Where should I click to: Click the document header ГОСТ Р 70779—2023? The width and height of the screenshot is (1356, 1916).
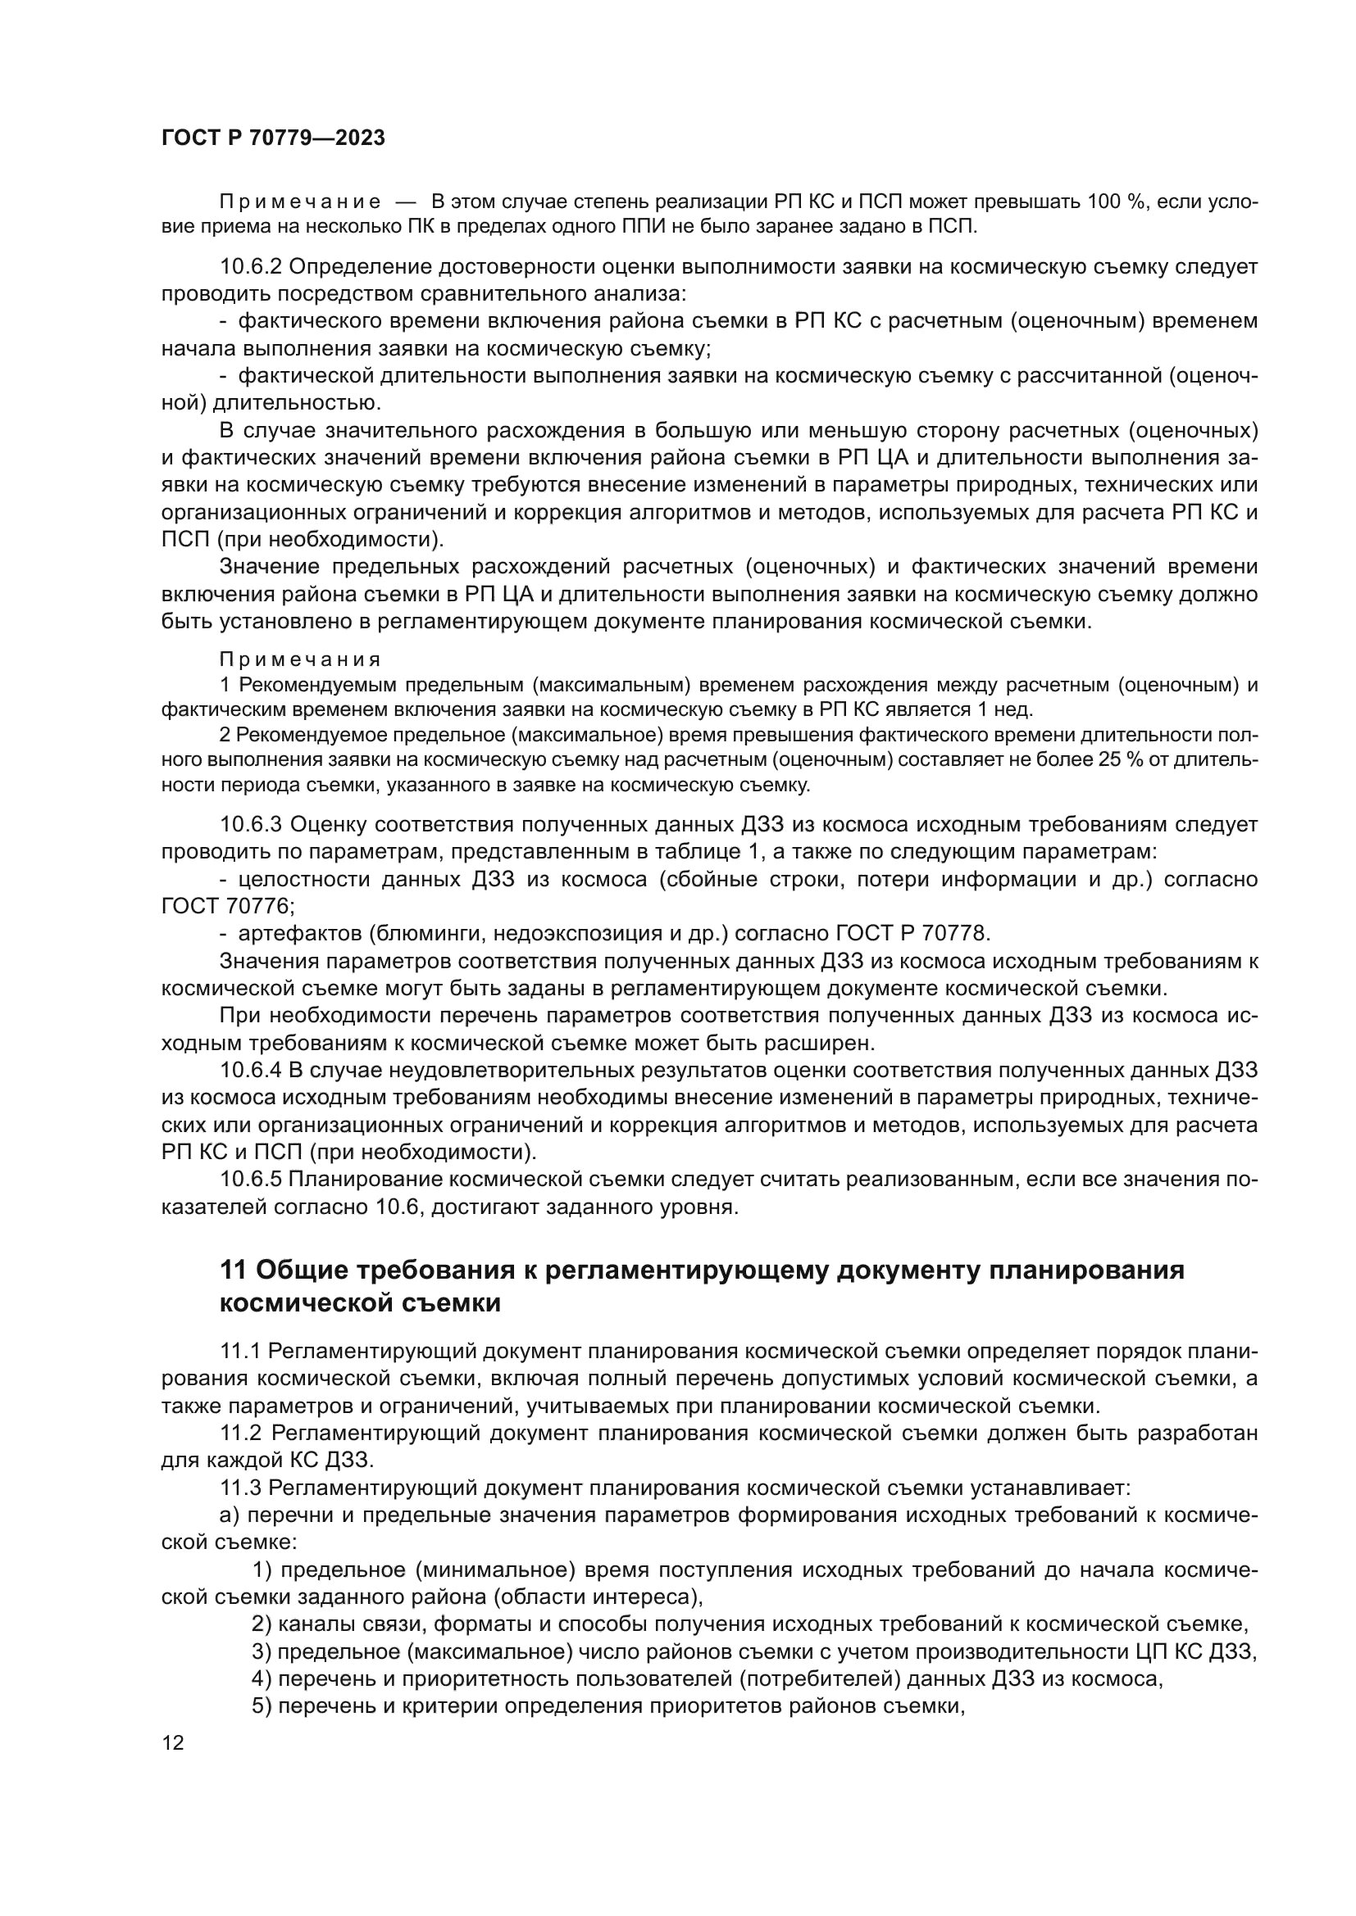[273, 138]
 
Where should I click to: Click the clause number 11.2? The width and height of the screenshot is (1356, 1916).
[241, 1434]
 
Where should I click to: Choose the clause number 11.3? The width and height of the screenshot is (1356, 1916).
[241, 1488]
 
